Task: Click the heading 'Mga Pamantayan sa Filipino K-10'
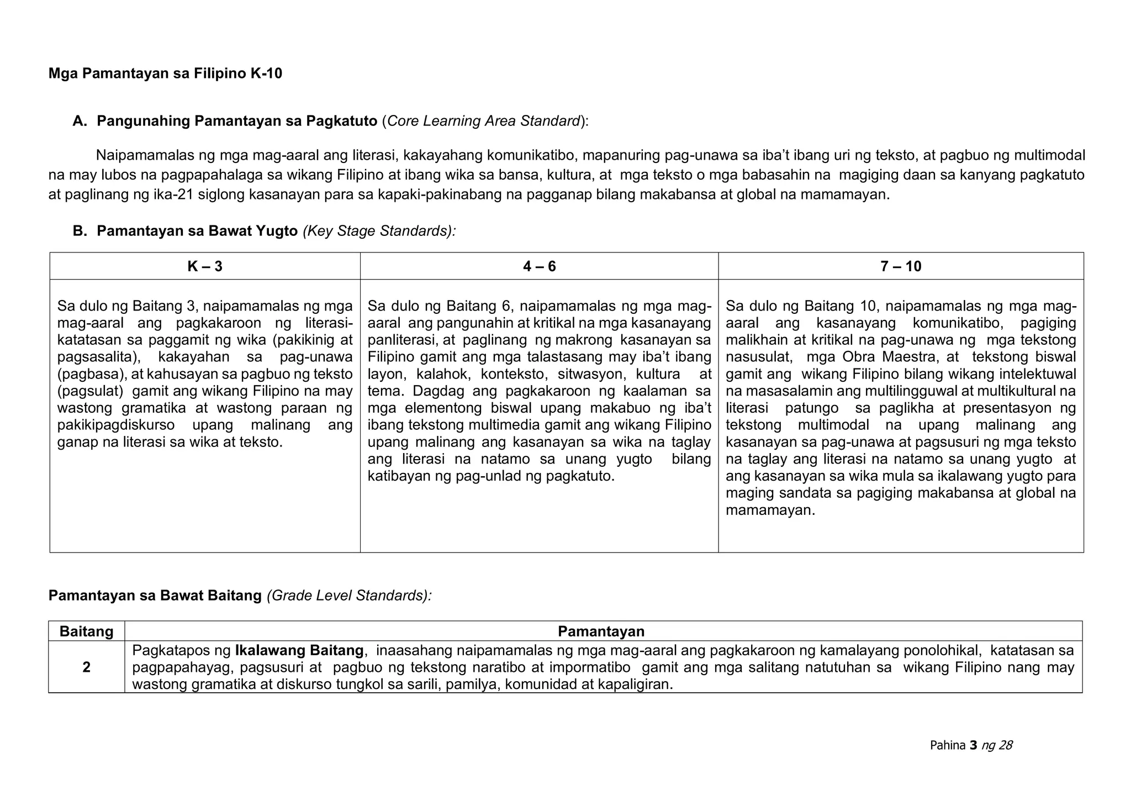point(165,73)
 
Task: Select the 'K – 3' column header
point(205,267)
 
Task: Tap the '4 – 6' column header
point(539,267)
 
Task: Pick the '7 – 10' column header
point(901,267)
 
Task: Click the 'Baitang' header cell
point(87,631)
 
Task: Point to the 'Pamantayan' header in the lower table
point(601,631)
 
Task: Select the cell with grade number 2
point(87,667)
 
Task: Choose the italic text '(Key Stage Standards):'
point(379,231)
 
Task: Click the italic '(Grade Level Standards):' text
point(348,596)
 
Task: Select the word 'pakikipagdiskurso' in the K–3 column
point(116,425)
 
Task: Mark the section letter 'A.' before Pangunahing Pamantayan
point(80,121)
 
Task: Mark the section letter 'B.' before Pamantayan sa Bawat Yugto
point(80,231)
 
